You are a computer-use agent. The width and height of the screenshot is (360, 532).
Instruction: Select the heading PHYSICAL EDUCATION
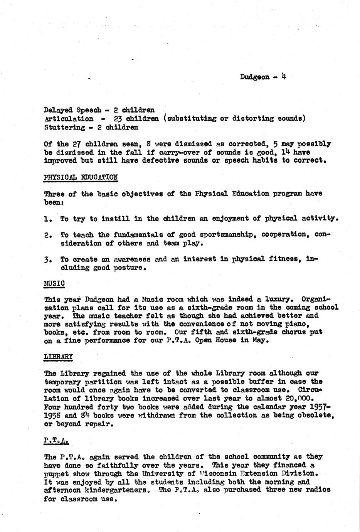tap(81, 177)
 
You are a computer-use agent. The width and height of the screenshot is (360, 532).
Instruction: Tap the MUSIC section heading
tap(54, 283)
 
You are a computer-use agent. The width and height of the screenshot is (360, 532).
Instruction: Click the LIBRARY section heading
tap(59, 357)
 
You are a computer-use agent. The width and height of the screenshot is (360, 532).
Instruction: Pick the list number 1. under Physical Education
tap(48, 219)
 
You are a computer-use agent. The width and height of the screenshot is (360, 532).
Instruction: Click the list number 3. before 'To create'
tap(48, 260)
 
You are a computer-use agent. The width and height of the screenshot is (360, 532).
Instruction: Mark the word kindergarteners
tap(117, 490)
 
